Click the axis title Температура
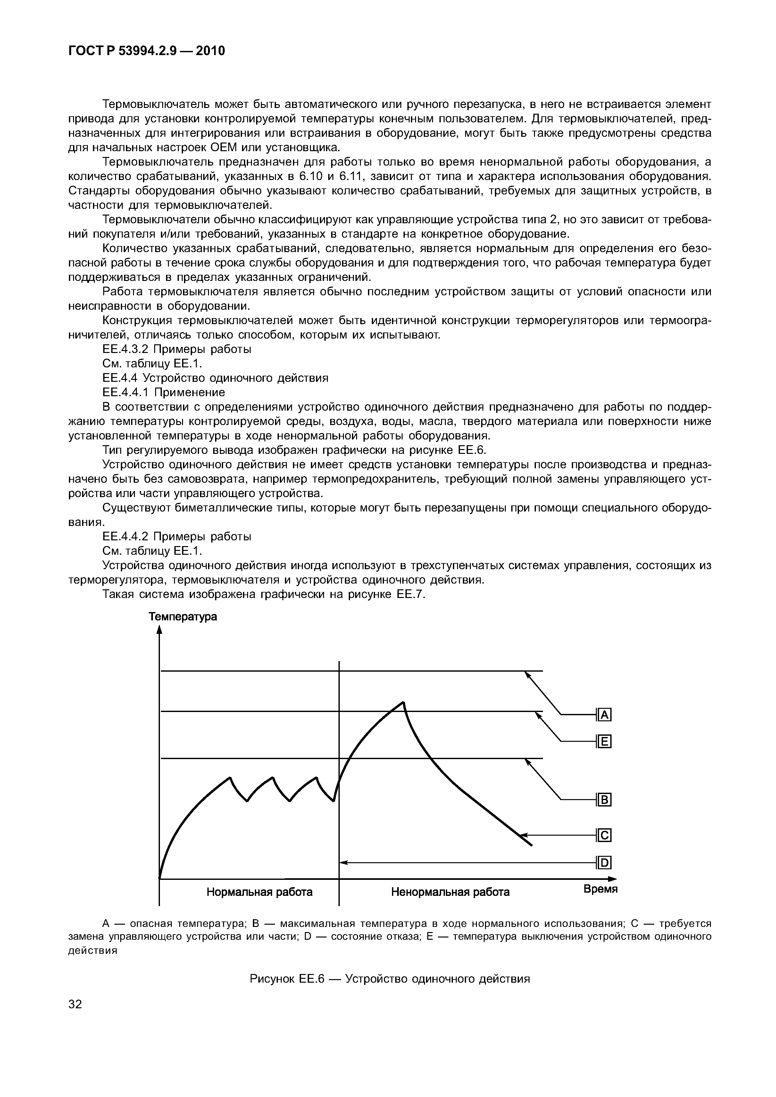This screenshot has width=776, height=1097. (x=183, y=617)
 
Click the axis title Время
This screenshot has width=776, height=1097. (x=601, y=889)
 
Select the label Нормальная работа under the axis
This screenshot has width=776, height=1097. (x=260, y=892)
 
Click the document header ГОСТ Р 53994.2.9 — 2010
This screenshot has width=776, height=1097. (x=146, y=51)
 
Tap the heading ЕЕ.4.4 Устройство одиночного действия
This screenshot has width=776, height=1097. (x=215, y=378)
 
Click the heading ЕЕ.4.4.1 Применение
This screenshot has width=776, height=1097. (x=163, y=392)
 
